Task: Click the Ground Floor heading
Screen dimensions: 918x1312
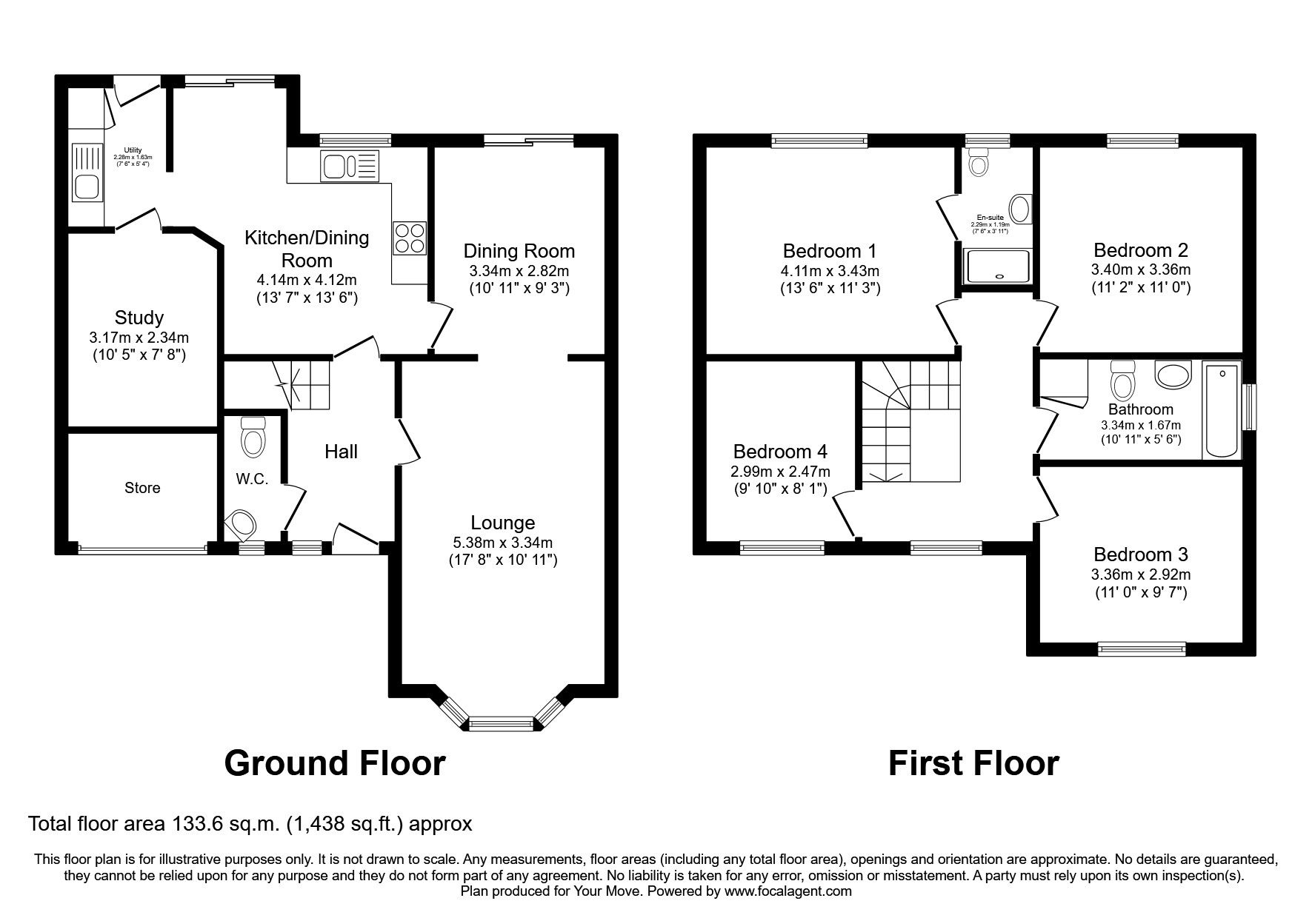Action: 334,763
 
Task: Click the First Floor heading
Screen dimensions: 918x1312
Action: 973,763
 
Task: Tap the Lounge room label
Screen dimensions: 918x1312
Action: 502,523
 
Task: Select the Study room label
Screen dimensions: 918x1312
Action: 139,318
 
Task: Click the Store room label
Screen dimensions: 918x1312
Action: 142,488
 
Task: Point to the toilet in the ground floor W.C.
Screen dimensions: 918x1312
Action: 253,437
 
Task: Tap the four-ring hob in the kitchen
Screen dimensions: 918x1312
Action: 410,238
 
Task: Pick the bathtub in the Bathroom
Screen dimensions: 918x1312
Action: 1222,409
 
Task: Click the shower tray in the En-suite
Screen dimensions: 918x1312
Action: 998,267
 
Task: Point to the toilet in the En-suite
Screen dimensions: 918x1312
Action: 979,162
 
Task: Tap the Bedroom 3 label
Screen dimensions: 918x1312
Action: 1140,555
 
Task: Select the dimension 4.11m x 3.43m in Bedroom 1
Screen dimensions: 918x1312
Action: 830,271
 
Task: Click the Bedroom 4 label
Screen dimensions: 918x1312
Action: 780,452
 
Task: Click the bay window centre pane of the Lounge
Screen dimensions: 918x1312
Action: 502,723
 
